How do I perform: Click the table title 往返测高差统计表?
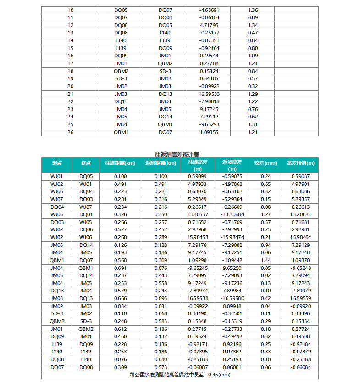(x=180, y=155)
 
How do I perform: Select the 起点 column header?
(x=56, y=163)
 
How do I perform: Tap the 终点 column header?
(x=86, y=163)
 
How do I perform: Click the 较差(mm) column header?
(x=266, y=163)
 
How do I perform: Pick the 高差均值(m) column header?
(x=300, y=163)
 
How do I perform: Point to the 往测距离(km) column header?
(x=121, y=163)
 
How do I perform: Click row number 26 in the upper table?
(x=70, y=133)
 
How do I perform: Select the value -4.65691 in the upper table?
(x=209, y=10)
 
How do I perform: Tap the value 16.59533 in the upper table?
(x=209, y=94)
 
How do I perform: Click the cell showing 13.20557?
(x=198, y=214)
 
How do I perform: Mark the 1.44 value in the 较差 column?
(x=266, y=260)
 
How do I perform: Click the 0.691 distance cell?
(x=121, y=268)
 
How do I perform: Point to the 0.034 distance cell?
(x=121, y=306)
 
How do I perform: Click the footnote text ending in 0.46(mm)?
(x=180, y=375)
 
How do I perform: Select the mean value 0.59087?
(x=300, y=176)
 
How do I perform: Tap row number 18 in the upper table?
(x=70, y=71)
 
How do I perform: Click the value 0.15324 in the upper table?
(x=209, y=71)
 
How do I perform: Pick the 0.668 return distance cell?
(x=161, y=314)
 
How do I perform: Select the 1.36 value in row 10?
(x=253, y=10)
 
